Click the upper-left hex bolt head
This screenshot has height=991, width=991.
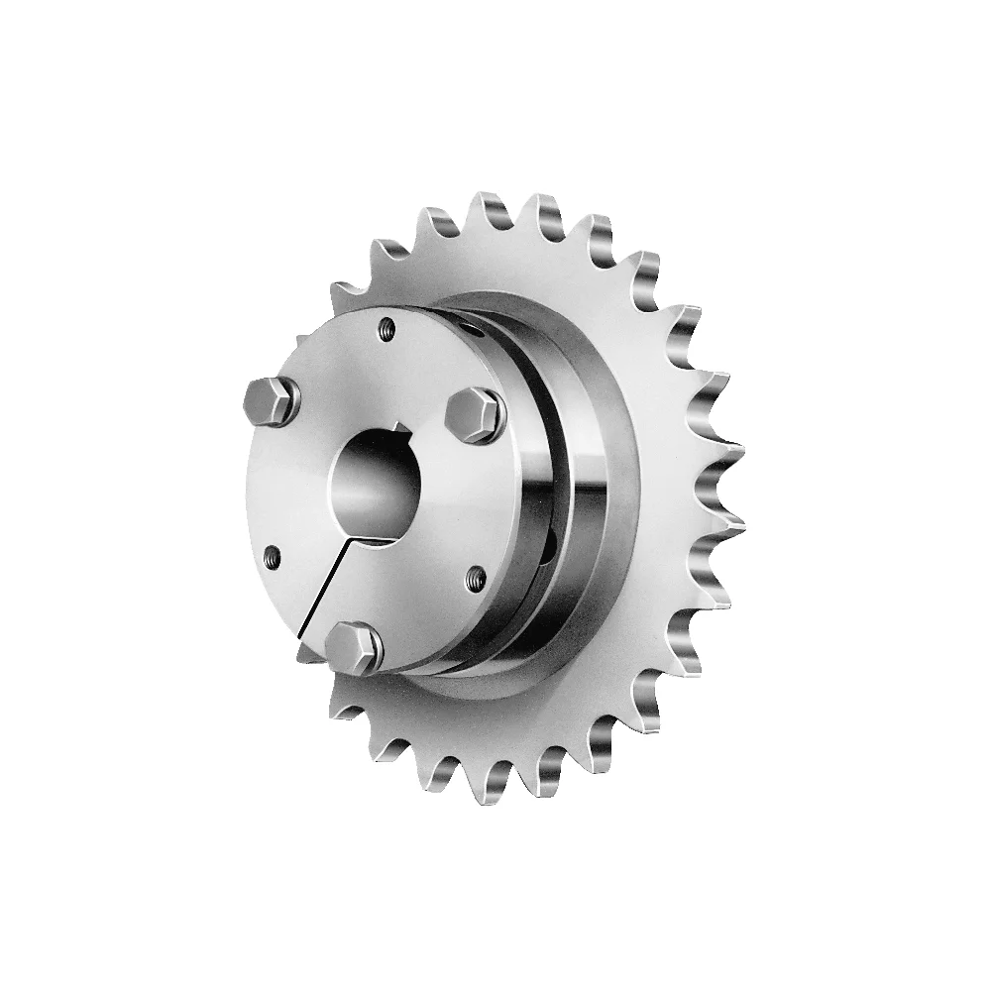point(271,401)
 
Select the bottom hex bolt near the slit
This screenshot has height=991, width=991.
point(356,648)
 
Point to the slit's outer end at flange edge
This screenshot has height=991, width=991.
point(300,634)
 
